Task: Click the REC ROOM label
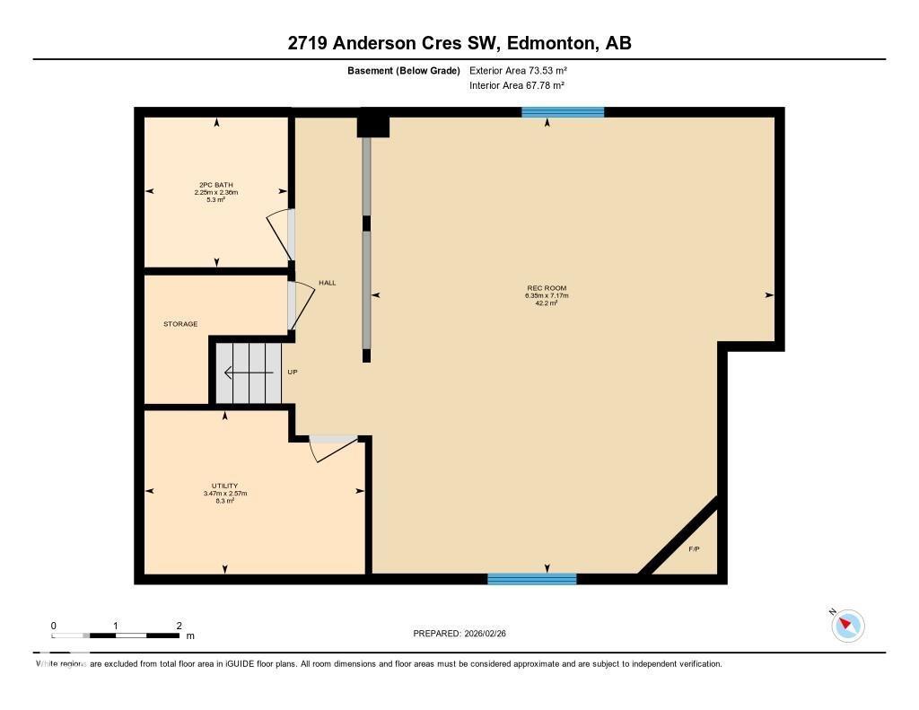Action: pyautogui.click(x=547, y=288)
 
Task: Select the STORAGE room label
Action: pyautogui.click(x=180, y=324)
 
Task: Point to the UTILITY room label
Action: pyautogui.click(x=224, y=486)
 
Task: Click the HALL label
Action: pyautogui.click(x=327, y=283)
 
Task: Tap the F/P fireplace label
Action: pyautogui.click(x=694, y=548)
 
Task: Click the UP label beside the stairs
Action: pyautogui.click(x=292, y=372)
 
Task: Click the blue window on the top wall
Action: pyautogui.click(x=563, y=112)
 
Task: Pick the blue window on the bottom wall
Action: pyautogui.click(x=531, y=579)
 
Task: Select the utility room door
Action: pyautogui.click(x=330, y=448)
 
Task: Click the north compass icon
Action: pyautogui.click(x=847, y=625)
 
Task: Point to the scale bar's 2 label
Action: pyautogui.click(x=179, y=626)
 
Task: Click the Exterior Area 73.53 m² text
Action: pyautogui.click(x=518, y=70)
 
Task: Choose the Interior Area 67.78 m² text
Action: pyautogui.click(x=517, y=85)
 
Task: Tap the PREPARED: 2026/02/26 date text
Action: pyautogui.click(x=465, y=634)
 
